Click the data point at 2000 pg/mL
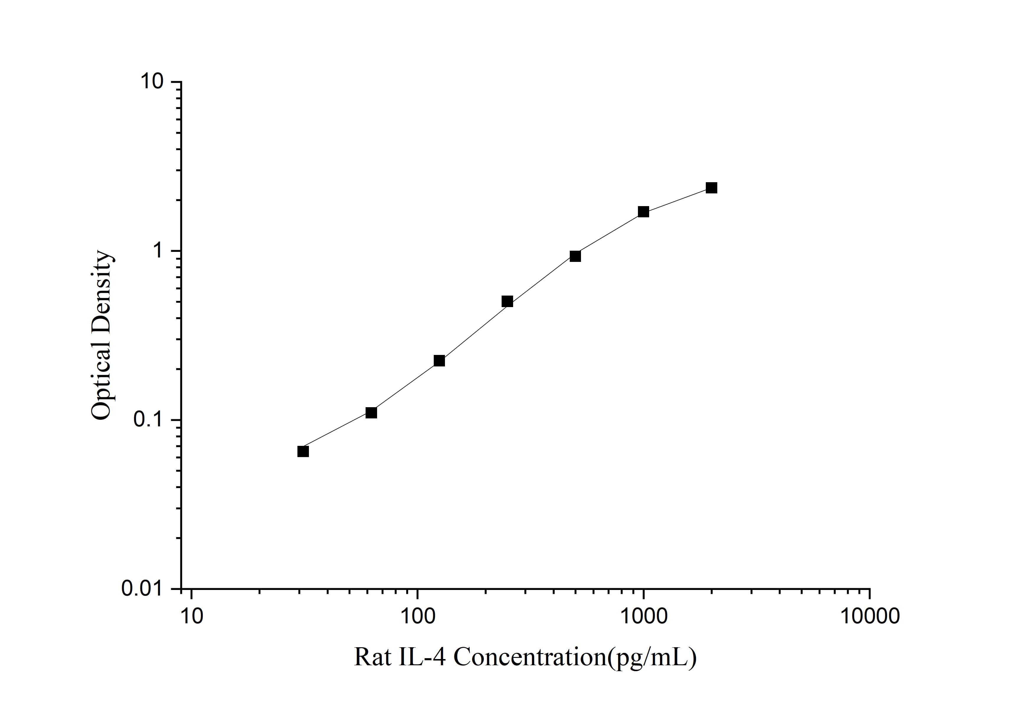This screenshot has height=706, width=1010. (x=711, y=188)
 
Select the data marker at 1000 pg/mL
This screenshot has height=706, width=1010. (x=644, y=212)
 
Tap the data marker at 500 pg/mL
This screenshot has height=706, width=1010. (x=575, y=256)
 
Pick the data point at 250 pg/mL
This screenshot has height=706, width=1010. (x=507, y=301)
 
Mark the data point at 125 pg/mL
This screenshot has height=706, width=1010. (x=439, y=361)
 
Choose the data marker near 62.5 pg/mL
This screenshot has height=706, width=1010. (x=371, y=412)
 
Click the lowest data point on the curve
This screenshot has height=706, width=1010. (x=303, y=451)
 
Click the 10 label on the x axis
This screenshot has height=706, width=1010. (x=191, y=616)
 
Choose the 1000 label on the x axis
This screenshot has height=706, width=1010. (x=644, y=616)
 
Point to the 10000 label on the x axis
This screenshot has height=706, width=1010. (x=870, y=616)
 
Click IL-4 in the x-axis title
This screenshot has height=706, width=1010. (x=422, y=658)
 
